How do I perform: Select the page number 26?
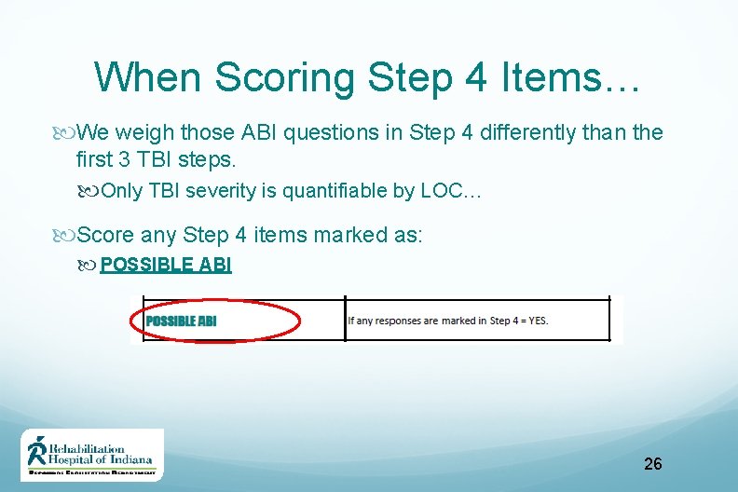652,463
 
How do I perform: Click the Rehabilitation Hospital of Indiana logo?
92,454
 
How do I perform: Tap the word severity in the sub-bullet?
217,191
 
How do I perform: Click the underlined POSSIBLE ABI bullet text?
166,265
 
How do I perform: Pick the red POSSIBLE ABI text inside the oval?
181,321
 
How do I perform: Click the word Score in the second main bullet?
106,235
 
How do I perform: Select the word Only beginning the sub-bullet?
121,191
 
